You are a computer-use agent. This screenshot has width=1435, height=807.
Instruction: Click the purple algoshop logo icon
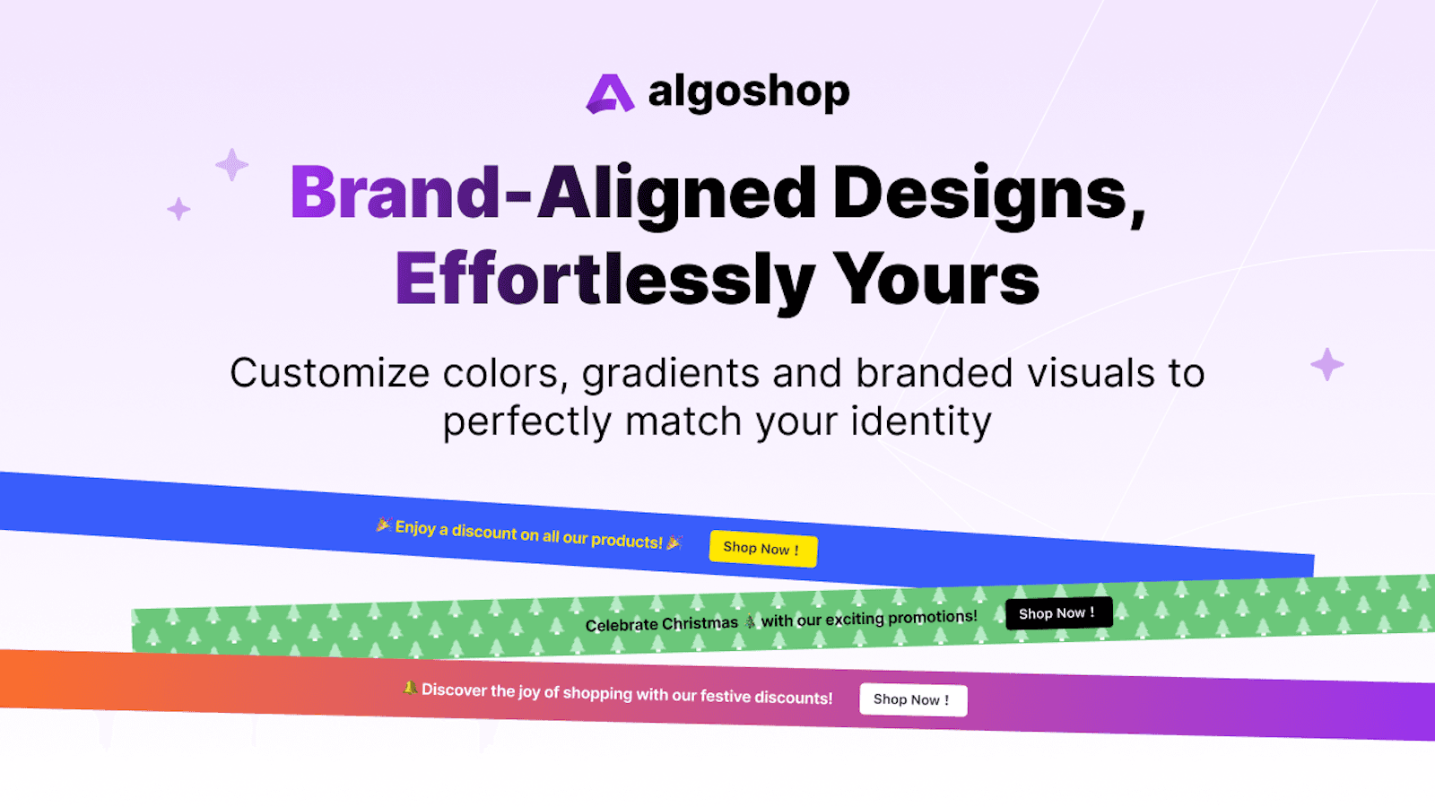point(610,93)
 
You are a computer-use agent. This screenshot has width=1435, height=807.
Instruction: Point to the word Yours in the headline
point(936,280)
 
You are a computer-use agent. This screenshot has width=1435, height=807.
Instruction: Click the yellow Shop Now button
point(762,548)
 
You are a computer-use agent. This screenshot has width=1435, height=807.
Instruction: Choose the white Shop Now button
point(912,699)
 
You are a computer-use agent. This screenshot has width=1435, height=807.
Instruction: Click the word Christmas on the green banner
point(700,623)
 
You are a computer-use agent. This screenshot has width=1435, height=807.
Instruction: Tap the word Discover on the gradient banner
point(454,690)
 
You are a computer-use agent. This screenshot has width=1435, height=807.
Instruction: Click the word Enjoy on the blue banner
point(414,527)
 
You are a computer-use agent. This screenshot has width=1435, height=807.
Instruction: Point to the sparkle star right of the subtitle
point(1326,364)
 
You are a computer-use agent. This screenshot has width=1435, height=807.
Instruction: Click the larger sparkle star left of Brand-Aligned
point(231,165)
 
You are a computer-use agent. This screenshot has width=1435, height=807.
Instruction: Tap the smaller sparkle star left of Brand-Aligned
point(178,209)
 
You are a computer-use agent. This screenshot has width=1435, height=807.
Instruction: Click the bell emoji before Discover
point(410,688)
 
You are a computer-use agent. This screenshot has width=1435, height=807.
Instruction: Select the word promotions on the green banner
point(932,617)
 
